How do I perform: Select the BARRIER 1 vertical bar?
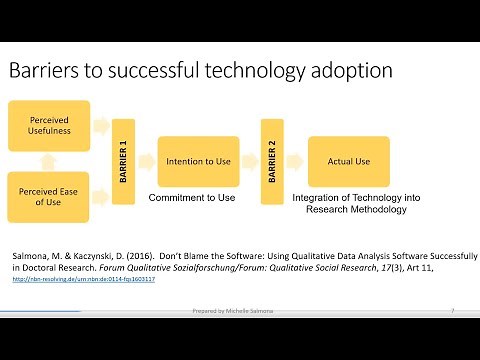point(122,161)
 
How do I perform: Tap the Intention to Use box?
point(198,161)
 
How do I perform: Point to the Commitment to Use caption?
point(192,198)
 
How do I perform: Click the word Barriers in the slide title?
point(44,71)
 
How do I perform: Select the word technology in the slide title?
point(245,71)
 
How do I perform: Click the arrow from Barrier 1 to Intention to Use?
point(146,161)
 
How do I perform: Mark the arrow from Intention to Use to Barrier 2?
point(250,161)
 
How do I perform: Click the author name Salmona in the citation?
point(28,256)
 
